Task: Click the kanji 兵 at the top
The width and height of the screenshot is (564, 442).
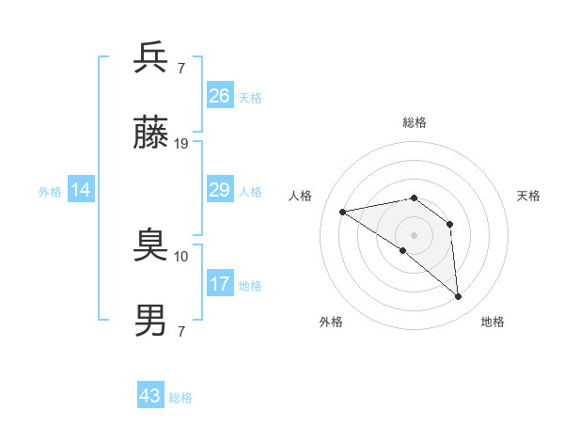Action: (x=151, y=57)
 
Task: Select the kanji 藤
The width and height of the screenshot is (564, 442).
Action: (x=151, y=134)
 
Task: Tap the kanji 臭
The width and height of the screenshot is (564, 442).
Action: (x=151, y=246)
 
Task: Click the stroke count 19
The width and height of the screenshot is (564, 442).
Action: (x=181, y=144)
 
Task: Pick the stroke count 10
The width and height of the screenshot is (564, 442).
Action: (x=181, y=256)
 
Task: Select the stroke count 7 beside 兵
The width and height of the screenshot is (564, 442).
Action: (x=181, y=69)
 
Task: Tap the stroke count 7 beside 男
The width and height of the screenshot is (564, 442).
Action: (x=181, y=331)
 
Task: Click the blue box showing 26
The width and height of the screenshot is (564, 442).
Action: (x=220, y=96)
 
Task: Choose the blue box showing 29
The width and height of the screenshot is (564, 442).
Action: (x=220, y=190)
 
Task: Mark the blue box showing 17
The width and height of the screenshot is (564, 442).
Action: (x=220, y=284)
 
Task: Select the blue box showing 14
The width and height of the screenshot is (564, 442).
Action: (x=81, y=190)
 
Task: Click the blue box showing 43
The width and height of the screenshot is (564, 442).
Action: (x=150, y=396)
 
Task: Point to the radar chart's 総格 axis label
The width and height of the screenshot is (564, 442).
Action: (x=415, y=122)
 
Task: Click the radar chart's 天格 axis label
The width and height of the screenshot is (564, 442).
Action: (x=529, y=196)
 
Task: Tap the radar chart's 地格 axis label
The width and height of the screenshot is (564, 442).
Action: (x=493, y=322)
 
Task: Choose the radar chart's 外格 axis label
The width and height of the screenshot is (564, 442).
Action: (x=331, y=322)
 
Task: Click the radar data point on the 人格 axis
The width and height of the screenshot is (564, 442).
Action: (x=343, y=212)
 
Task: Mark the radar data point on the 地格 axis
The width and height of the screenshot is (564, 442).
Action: (x=459, y=297)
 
